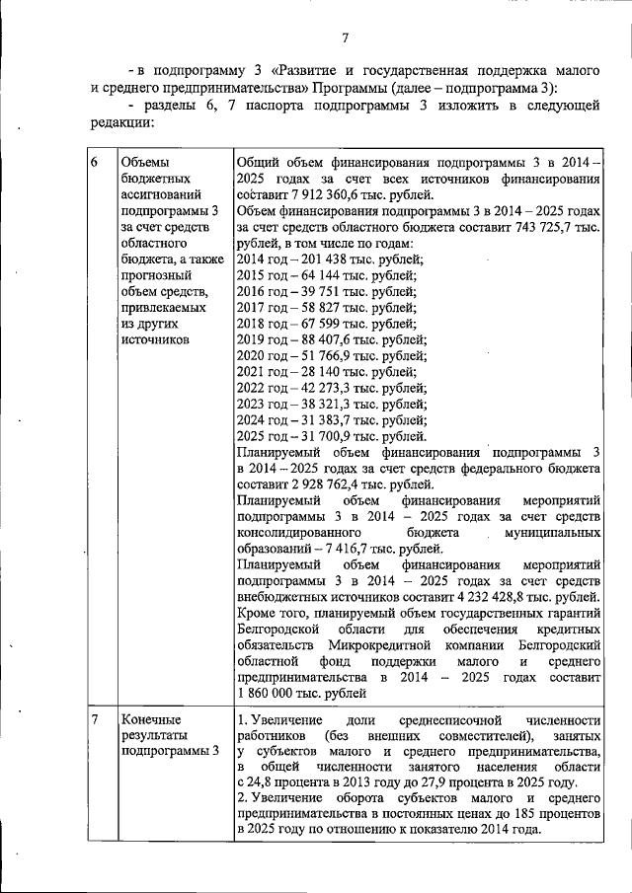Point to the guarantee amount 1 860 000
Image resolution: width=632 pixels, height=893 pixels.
[x=274, y=694]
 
